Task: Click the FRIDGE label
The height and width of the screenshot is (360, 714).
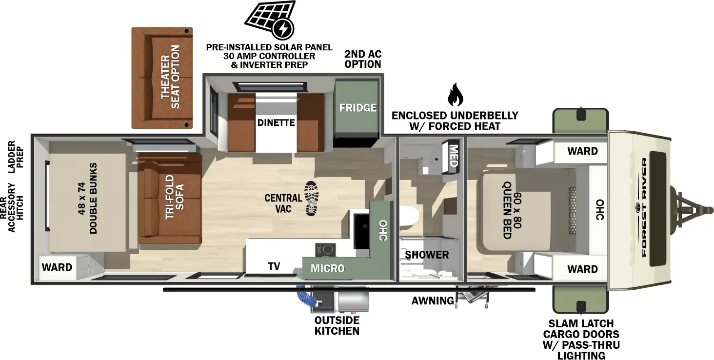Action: (358, 107)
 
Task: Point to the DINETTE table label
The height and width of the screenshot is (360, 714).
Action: (276, 122)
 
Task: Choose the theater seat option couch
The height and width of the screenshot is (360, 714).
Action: (162, 78)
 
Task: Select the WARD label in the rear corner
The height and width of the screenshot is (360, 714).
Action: (57, 267)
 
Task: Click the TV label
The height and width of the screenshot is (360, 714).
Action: (274, 266)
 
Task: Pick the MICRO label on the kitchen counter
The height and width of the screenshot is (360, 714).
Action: (327, 268)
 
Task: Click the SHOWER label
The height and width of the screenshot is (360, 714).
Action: (427, 255)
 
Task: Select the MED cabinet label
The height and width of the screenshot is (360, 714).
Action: (453, 156)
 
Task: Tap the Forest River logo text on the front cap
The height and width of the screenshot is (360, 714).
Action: (645, 207)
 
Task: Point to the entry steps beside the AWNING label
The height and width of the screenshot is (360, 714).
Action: (473, 296)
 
